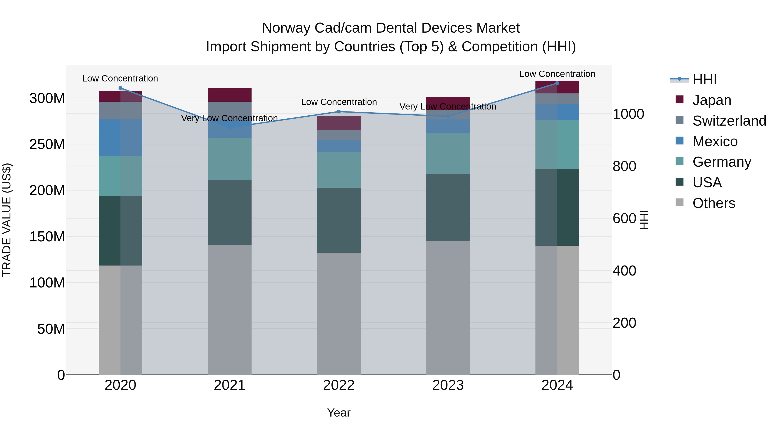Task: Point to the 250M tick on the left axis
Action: pos(47,144)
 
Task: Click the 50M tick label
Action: pos(51,329)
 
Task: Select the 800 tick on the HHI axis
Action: pos(624,166)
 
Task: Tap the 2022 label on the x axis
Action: pos(339,385)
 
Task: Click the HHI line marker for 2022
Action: pos(339,112)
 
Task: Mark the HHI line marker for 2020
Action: pos(120,88)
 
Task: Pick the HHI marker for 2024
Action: pos(557,83)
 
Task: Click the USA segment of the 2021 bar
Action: pos(230,212)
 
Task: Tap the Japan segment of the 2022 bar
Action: pos(339,123)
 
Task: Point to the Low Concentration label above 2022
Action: pos(339,102)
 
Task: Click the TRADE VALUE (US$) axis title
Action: pos(7,220)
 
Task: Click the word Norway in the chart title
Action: pos(286,28)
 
